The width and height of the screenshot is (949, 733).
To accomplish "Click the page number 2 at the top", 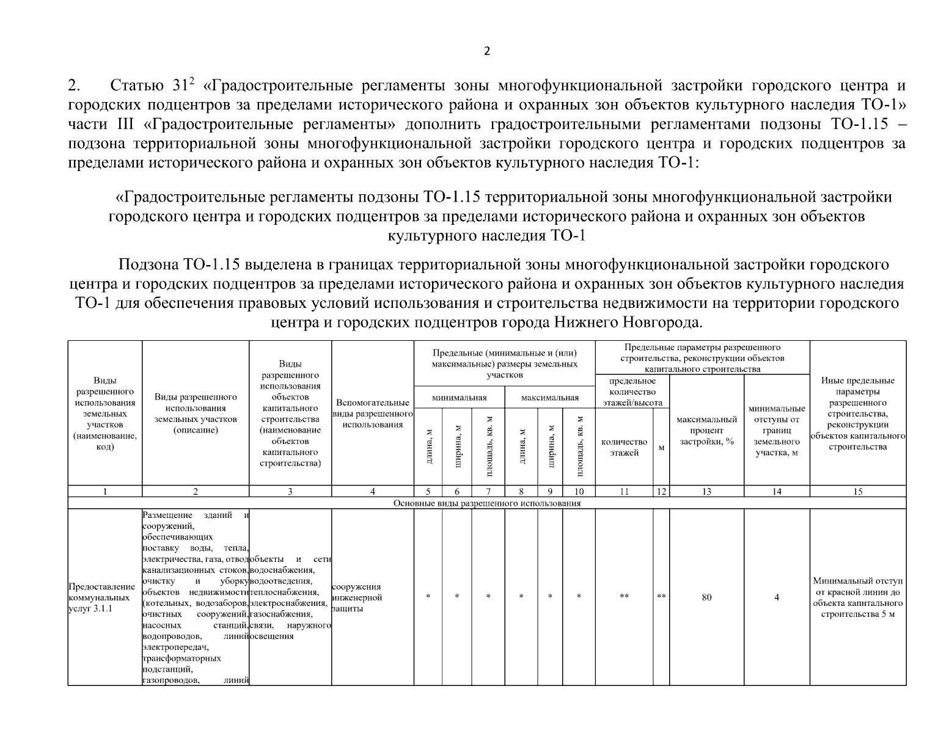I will [486, 51].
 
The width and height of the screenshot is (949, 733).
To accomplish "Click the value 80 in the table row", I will [706, 597].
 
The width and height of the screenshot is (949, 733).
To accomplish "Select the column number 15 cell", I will [857, 491].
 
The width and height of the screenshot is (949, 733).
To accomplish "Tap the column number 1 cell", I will [104, 491].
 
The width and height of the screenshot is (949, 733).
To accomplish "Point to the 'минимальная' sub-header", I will [459, 398].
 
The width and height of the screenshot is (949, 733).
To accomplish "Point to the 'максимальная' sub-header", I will [549, 398].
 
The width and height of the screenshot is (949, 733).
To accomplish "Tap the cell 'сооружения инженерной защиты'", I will [357, 597].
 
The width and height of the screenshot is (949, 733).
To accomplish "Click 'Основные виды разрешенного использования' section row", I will [486, 503].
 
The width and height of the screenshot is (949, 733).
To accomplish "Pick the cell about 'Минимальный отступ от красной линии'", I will [857, 597].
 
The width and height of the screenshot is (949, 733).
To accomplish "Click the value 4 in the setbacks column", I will [777, 597].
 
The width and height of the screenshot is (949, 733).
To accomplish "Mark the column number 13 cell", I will [706, 491].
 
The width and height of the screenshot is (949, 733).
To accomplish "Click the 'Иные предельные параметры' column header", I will [857, 414].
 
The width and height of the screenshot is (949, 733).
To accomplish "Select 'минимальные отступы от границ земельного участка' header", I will [777, 430].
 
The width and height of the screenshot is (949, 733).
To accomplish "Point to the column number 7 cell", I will [488, 491].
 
